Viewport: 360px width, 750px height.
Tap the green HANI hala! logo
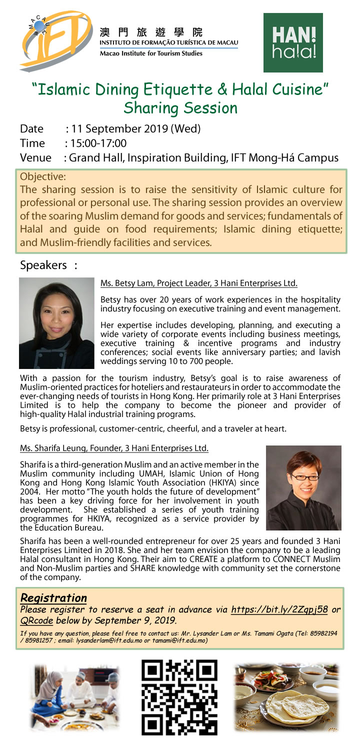293,43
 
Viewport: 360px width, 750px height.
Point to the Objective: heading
43,176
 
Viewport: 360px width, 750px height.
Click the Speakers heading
44,264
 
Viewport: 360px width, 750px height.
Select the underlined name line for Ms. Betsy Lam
199,283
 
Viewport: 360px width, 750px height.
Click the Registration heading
53,597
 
